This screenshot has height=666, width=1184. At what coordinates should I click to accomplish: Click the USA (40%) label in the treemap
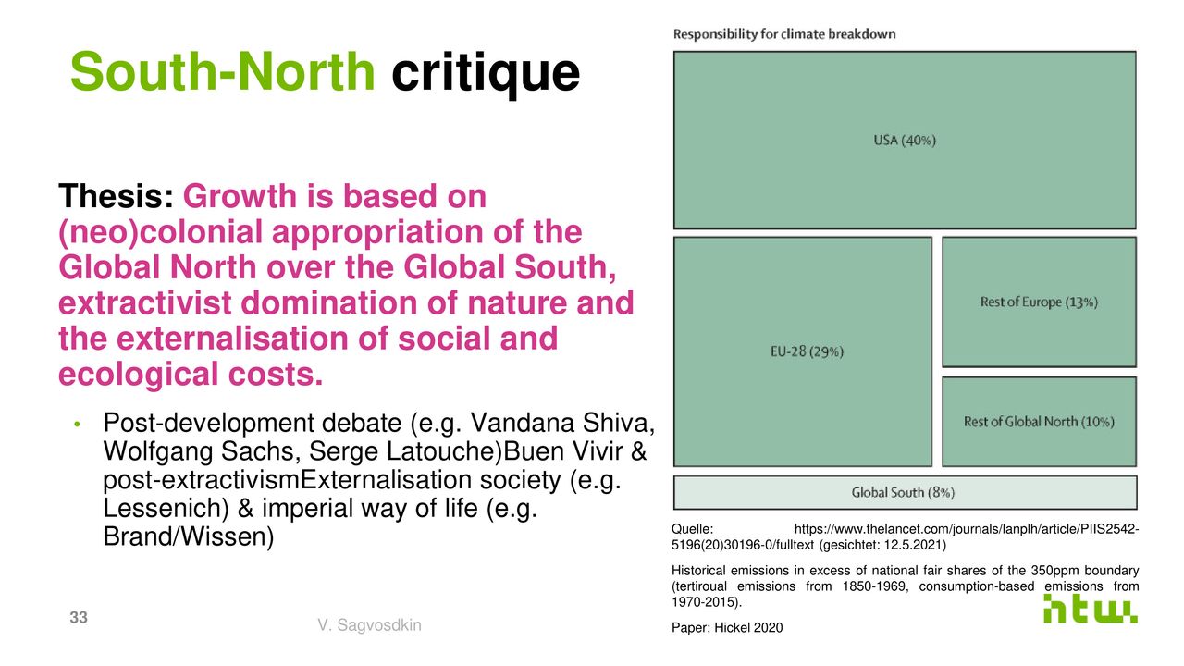click(x=905, y=141)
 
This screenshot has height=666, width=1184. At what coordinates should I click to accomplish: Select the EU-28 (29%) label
click(x=807, y=352)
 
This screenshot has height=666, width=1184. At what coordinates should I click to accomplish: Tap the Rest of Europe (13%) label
click(x=1039, y=302)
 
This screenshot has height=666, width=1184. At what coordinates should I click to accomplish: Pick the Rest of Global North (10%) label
click(x=1039, y=422)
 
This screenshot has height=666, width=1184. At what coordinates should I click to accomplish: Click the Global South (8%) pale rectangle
click(x=905, y=493)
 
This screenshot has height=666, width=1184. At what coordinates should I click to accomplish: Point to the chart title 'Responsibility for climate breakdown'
click(x=784, y=34)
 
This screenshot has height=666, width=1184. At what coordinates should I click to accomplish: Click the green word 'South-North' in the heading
click(x=223, y=72)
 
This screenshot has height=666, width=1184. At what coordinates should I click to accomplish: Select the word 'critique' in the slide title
click(x=486, y=74)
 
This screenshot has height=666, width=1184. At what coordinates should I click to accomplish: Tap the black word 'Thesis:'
click(x=117, y=196)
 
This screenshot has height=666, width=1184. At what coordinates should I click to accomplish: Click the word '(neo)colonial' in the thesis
click(x=160, y=232)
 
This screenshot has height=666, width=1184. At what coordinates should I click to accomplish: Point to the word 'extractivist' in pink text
click(x=145, y=302)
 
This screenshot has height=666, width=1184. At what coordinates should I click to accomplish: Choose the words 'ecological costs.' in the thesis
click(x=191, y=375)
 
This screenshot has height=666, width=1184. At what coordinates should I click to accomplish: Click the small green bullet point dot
click(x=77, y=424)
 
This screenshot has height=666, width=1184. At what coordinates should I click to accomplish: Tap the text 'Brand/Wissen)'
click(x=188, y=537)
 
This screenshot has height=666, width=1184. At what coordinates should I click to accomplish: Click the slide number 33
click(x=79, y=617)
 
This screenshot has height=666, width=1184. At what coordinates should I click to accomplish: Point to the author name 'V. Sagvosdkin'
click(x=369, y=625)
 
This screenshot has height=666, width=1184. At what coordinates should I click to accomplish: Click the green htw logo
click(x=1090, y=609)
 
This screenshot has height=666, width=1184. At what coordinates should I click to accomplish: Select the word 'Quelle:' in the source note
click(x=693, y=529)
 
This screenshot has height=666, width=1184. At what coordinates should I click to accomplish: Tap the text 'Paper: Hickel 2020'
click(x=727, y=628)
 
